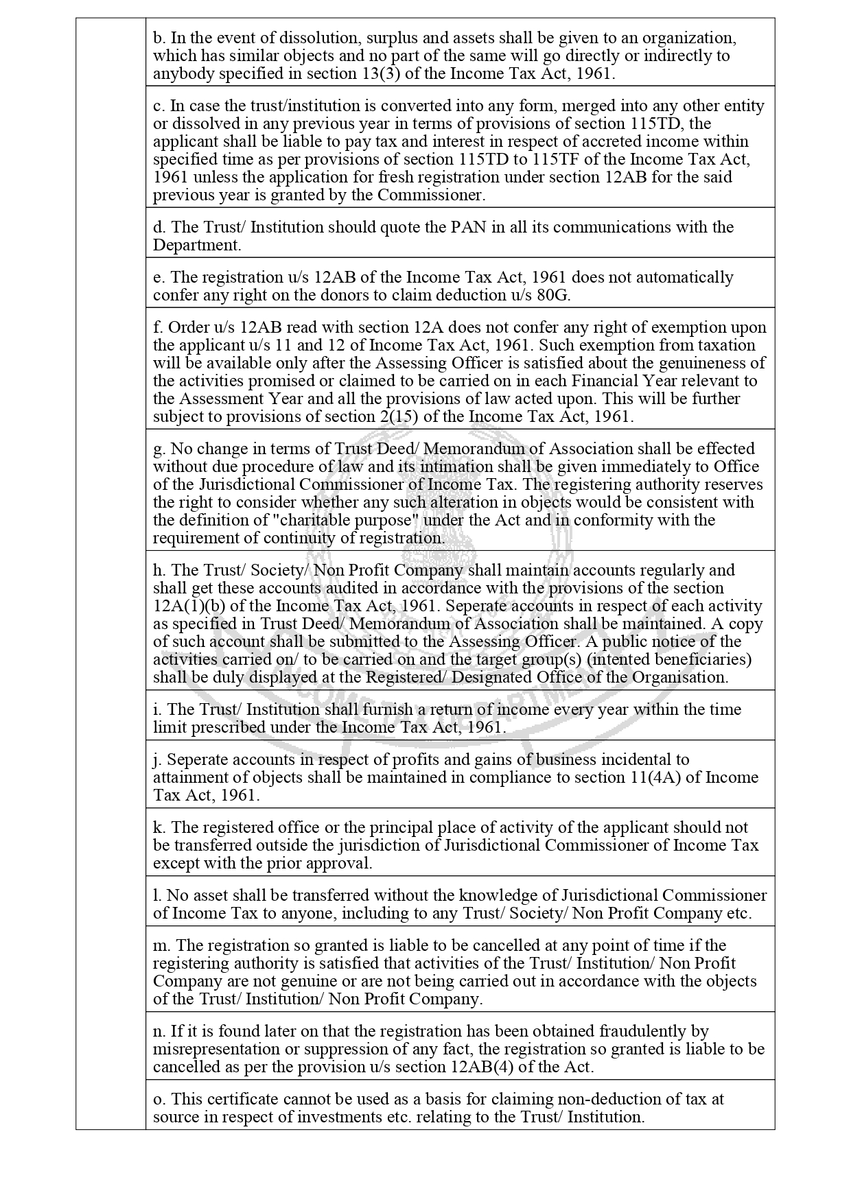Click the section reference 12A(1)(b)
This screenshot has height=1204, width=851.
click(x=188, y=606)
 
